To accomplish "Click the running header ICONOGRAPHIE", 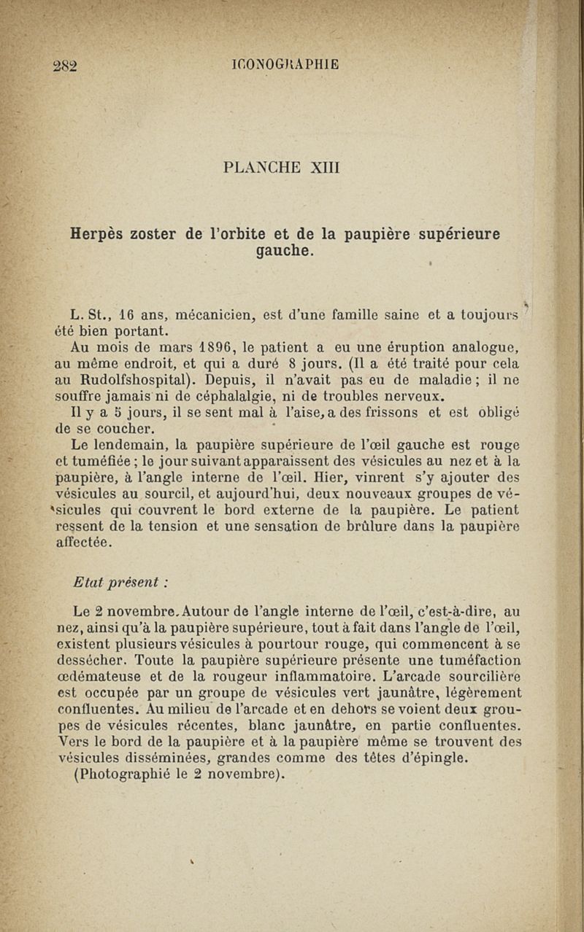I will pyautogui.click(x=284, y=63).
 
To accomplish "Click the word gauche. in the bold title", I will pyautogui.click(x=283, y=252).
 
